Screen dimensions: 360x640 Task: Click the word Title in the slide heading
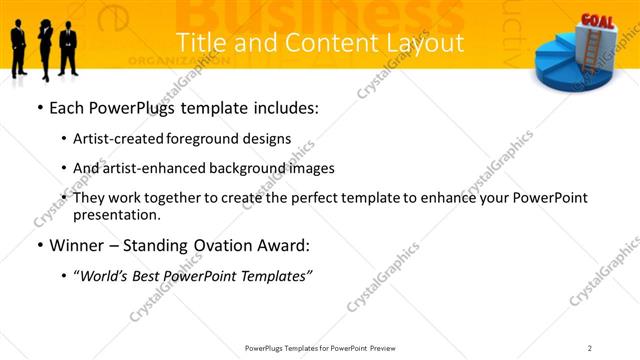(196, 44)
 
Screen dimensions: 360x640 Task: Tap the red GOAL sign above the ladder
(597, 21)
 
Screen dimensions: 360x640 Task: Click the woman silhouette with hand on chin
(44, 46)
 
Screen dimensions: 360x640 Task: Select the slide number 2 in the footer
(590, 347)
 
